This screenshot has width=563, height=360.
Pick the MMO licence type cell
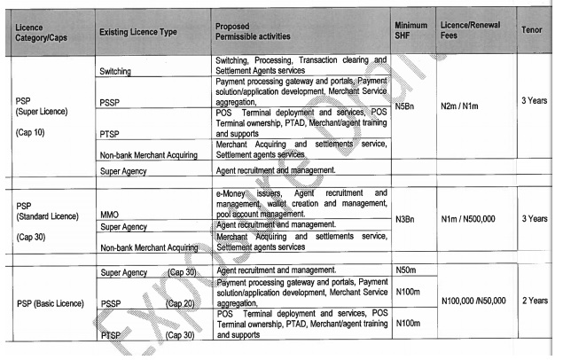tap(110, 214)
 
